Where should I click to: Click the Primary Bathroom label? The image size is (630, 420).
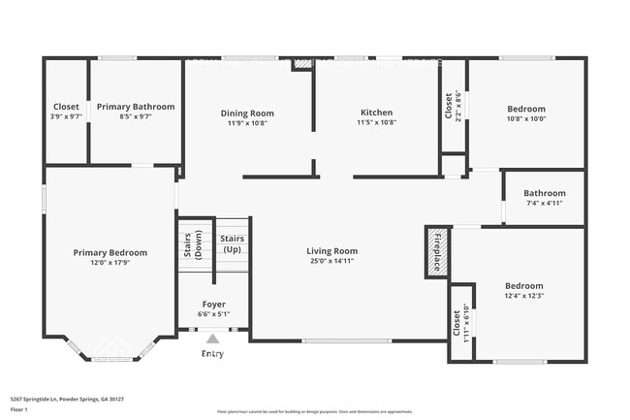135,107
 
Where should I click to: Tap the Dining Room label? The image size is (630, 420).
247,113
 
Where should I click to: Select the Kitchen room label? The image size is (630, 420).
376,113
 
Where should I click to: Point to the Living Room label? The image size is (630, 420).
332,250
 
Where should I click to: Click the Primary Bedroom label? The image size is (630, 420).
110,252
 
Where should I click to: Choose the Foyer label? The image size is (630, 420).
213,305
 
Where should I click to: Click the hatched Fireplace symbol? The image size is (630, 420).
436,251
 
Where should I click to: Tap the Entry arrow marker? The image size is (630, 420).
212,339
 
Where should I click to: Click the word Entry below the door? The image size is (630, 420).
212,354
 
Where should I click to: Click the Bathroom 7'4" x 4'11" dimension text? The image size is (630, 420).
544,204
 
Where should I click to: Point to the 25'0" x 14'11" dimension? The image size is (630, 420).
332,261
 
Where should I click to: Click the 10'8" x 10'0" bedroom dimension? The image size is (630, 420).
526,119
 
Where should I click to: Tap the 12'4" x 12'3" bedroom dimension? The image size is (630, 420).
524,297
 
